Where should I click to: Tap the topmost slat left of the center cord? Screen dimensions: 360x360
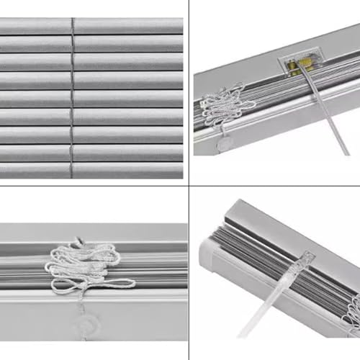click(x=36, y=27)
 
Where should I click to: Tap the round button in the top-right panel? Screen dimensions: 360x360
click(x=225, y=144)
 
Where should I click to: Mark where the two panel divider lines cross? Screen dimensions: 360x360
click(x=189, y=186)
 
